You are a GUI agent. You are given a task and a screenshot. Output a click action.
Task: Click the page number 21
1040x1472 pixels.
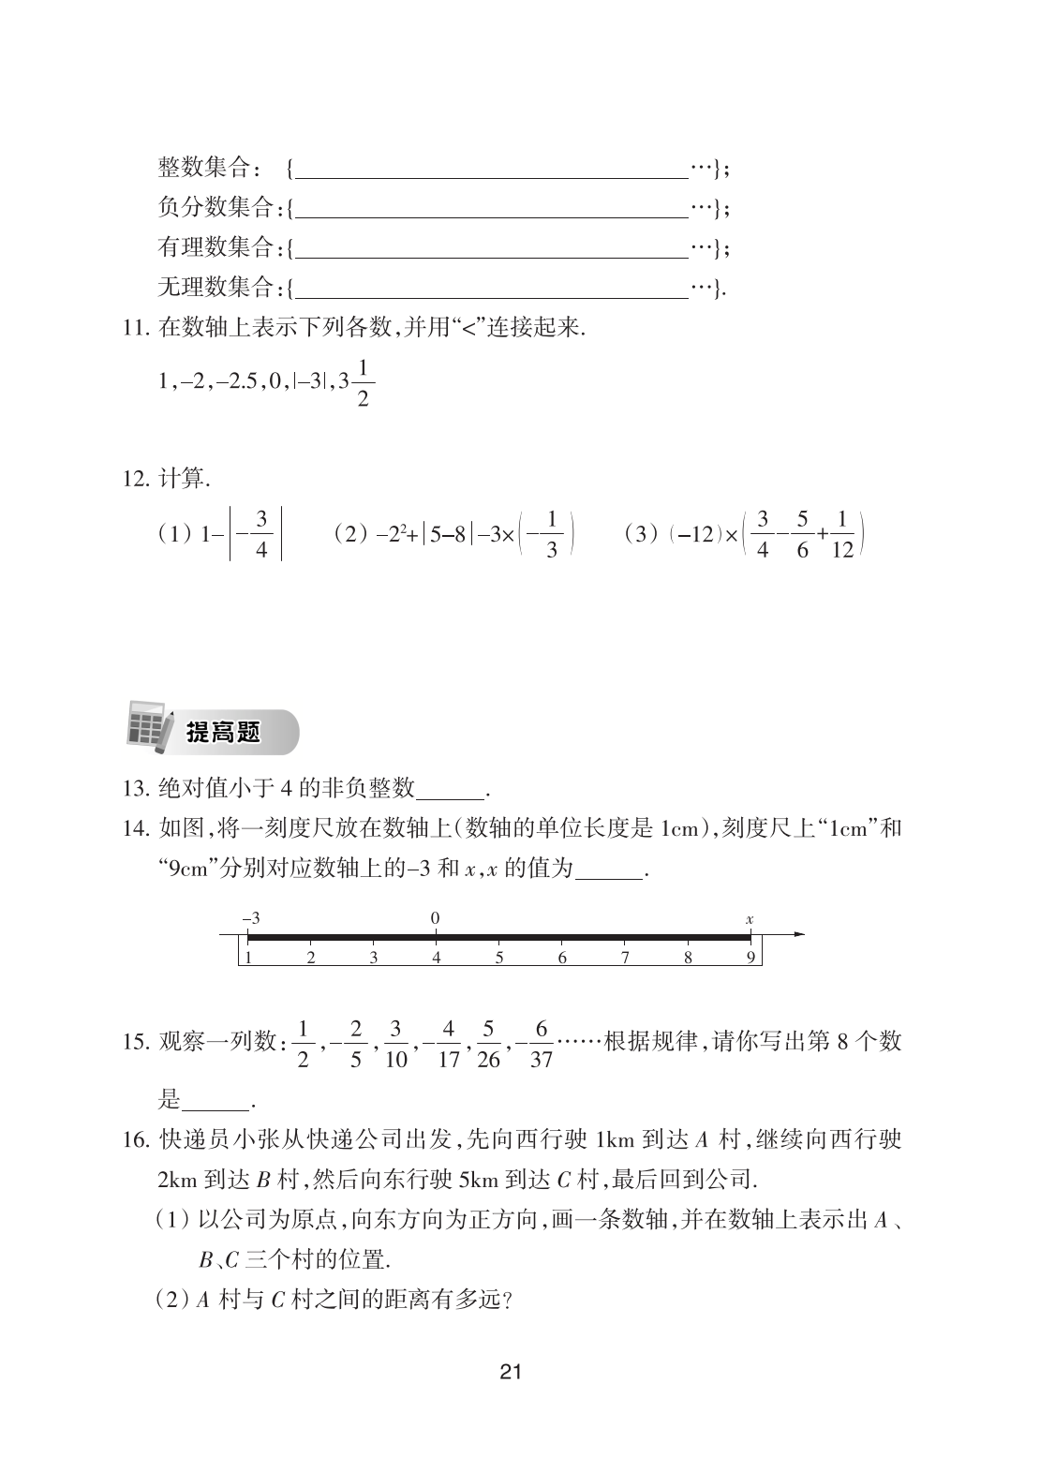[x=511, y=1373]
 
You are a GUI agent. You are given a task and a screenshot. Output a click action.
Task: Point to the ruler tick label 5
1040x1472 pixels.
[x=499, y=958]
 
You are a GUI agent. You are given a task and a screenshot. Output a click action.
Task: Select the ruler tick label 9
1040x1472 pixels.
[x=750, y=958]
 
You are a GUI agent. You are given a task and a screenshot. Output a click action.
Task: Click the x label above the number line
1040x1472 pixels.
[x=750, y=919]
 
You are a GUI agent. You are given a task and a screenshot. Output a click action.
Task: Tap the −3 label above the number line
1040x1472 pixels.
[x=250, y=919]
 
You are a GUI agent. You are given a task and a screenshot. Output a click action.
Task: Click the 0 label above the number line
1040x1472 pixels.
[x=436, y=918]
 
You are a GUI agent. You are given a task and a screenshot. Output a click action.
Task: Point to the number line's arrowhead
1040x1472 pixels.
[x=798, y=934]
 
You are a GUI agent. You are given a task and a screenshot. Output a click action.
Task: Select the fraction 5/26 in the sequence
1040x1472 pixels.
[x=488, y=1044]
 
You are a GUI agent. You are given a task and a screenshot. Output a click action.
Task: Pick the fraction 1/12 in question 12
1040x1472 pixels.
[x=842, y=535]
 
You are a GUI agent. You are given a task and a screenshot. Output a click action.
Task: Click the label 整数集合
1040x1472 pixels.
[x=203, y=169]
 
